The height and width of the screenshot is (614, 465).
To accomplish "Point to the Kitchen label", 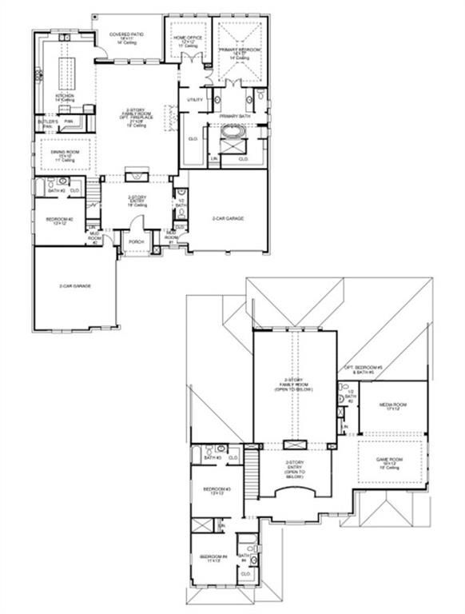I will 64,96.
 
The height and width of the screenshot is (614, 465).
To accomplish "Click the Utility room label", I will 195,99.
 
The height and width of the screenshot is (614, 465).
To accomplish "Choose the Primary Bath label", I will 236,115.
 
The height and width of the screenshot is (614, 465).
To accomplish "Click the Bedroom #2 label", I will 60,219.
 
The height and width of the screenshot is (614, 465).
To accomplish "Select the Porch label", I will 136,241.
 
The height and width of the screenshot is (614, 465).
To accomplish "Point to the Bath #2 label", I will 55,191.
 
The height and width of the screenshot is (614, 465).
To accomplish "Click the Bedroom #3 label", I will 217,490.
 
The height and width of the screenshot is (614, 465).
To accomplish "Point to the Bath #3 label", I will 212,457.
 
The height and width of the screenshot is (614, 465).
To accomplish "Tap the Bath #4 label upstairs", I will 244,557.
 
